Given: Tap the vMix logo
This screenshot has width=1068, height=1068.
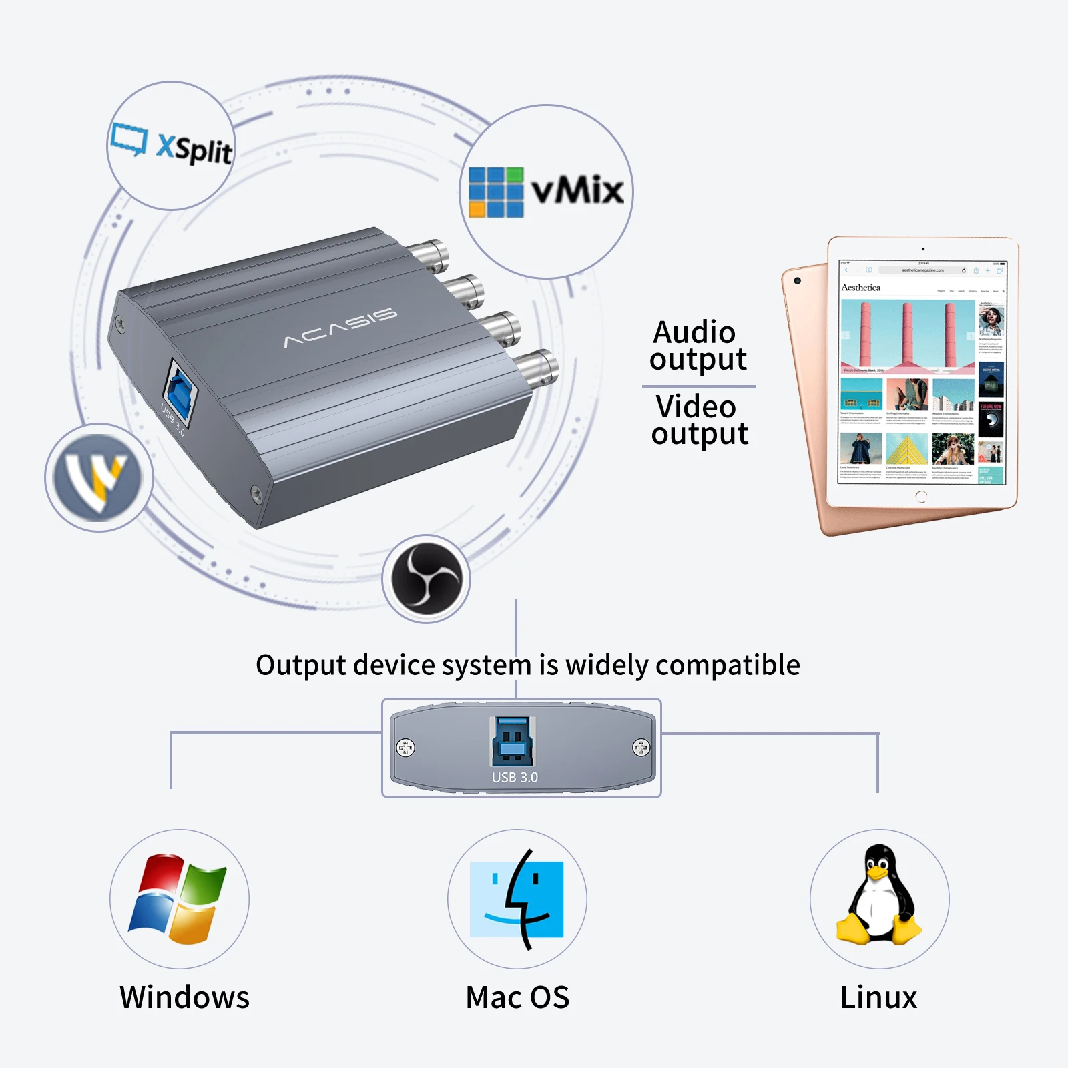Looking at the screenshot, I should [546, 192].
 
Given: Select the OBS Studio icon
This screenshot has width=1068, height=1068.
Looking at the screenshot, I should [426, 579].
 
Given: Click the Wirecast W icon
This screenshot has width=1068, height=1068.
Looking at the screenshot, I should [99, 477].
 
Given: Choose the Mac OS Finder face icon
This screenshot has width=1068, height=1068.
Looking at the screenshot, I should [517, 899].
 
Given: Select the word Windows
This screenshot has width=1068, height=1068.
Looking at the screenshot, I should [184, 997].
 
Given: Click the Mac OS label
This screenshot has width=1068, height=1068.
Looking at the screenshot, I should [517, 997].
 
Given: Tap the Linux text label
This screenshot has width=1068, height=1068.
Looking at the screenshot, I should [878, 997].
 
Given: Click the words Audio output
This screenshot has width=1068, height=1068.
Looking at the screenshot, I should [698, 346].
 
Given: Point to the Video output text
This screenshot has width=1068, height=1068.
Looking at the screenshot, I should [700, 420].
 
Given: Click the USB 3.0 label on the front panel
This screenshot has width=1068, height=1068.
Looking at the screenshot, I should [515, 777].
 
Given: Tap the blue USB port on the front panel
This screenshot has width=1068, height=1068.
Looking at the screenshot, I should [513, 742].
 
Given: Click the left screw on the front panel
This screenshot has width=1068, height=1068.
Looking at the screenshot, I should [406, 748].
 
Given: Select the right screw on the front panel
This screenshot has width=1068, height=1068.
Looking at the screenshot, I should [641, 748].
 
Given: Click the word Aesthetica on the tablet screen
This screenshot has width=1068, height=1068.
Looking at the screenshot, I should [860, 288].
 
